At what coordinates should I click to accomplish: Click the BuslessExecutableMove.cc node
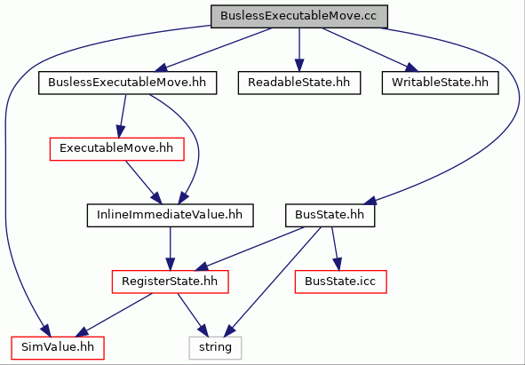[x=299, y=16]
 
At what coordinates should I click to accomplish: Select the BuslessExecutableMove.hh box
[x=127, y=83]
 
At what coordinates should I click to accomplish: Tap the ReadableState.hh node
[x=299, y=83]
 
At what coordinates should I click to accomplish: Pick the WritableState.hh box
[x=440, y=83]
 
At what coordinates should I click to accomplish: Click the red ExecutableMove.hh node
[x=117, y=148]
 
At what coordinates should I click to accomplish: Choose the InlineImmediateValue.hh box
[x=170, y=215]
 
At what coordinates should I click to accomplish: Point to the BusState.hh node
[x=330, y=215]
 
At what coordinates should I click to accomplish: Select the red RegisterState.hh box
[x=170, y=282]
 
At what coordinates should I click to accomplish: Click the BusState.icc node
[x=340, y=282]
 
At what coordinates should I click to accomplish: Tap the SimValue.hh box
[x=58, y=348]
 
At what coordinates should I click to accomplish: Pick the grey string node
[x=215, y=348]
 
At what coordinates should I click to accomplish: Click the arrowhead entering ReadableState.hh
[x=299, y=65]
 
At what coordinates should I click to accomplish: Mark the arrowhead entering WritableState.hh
[x=411, y=67]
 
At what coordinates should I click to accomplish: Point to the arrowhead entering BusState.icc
[x=338, y=264]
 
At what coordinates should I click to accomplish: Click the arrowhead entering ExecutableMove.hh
[x=120, y=131]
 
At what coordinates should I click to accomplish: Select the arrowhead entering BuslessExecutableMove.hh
[x=161, y=67]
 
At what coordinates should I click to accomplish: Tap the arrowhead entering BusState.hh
[x=370, y=200]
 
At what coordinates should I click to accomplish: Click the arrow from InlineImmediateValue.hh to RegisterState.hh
[x=170, y=249]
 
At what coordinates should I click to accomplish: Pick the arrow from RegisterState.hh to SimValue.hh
[x=114, y=315]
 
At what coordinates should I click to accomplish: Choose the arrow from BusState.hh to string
[x=272, y=282]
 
